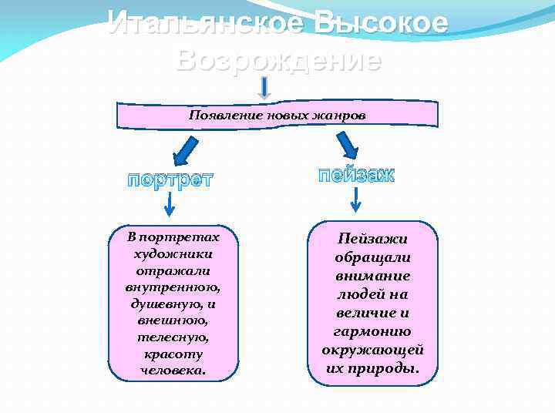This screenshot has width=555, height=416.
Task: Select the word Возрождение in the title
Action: click(277, 59)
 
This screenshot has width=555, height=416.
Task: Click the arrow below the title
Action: click(265, 89)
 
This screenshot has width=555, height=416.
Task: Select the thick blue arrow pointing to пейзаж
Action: click(347, 144)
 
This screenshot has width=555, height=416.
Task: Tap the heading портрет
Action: click(170, 180)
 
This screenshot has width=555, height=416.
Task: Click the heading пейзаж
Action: click(356, 175)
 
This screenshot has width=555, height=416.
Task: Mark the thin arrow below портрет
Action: click(170, 204)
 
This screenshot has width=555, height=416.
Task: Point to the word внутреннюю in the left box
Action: click(173, 287)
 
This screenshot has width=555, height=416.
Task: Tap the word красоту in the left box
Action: click(173, 354)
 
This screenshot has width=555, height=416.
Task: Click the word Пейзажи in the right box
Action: click(373, 240)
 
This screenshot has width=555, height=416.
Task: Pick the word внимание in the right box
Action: click(373, 276)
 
